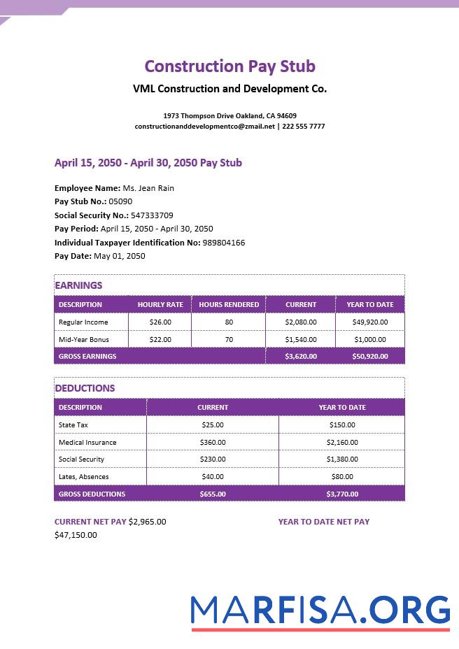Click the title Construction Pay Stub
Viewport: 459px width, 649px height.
(x=229, y=66)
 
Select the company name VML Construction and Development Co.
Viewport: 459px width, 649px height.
(x=229, y=89)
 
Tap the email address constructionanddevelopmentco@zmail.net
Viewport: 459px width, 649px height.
(x=205, y=127)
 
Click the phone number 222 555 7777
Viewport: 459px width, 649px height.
(x=303, y=127)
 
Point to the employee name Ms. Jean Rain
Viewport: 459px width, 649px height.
(x=148, y=188)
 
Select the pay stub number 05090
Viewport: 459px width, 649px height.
(x=120, y=201)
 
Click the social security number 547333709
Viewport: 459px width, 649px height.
(x=152, y=215)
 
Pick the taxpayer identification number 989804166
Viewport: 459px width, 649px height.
(x=223, y=243)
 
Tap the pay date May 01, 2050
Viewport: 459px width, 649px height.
(x=120, y=256)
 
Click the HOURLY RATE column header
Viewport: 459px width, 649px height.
(x=160, y=305)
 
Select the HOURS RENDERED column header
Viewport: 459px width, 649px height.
(x=229, y=305)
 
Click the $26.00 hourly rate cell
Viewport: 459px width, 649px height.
(x=160, y=322)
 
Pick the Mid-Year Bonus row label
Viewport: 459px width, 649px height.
(x=84, y=340)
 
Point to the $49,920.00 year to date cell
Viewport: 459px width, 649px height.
(x=369, y=322)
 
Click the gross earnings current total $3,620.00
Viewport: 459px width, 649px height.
(x=301, y=357)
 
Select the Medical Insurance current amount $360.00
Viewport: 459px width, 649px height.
(x=213, y=443)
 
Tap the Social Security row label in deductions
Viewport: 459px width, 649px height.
(x=81, y=459)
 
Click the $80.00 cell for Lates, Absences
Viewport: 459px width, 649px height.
(x=342, y=477)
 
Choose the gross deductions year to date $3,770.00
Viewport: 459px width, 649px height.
(x=342, y=494)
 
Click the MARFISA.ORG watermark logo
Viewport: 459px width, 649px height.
(x=320, y=611)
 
